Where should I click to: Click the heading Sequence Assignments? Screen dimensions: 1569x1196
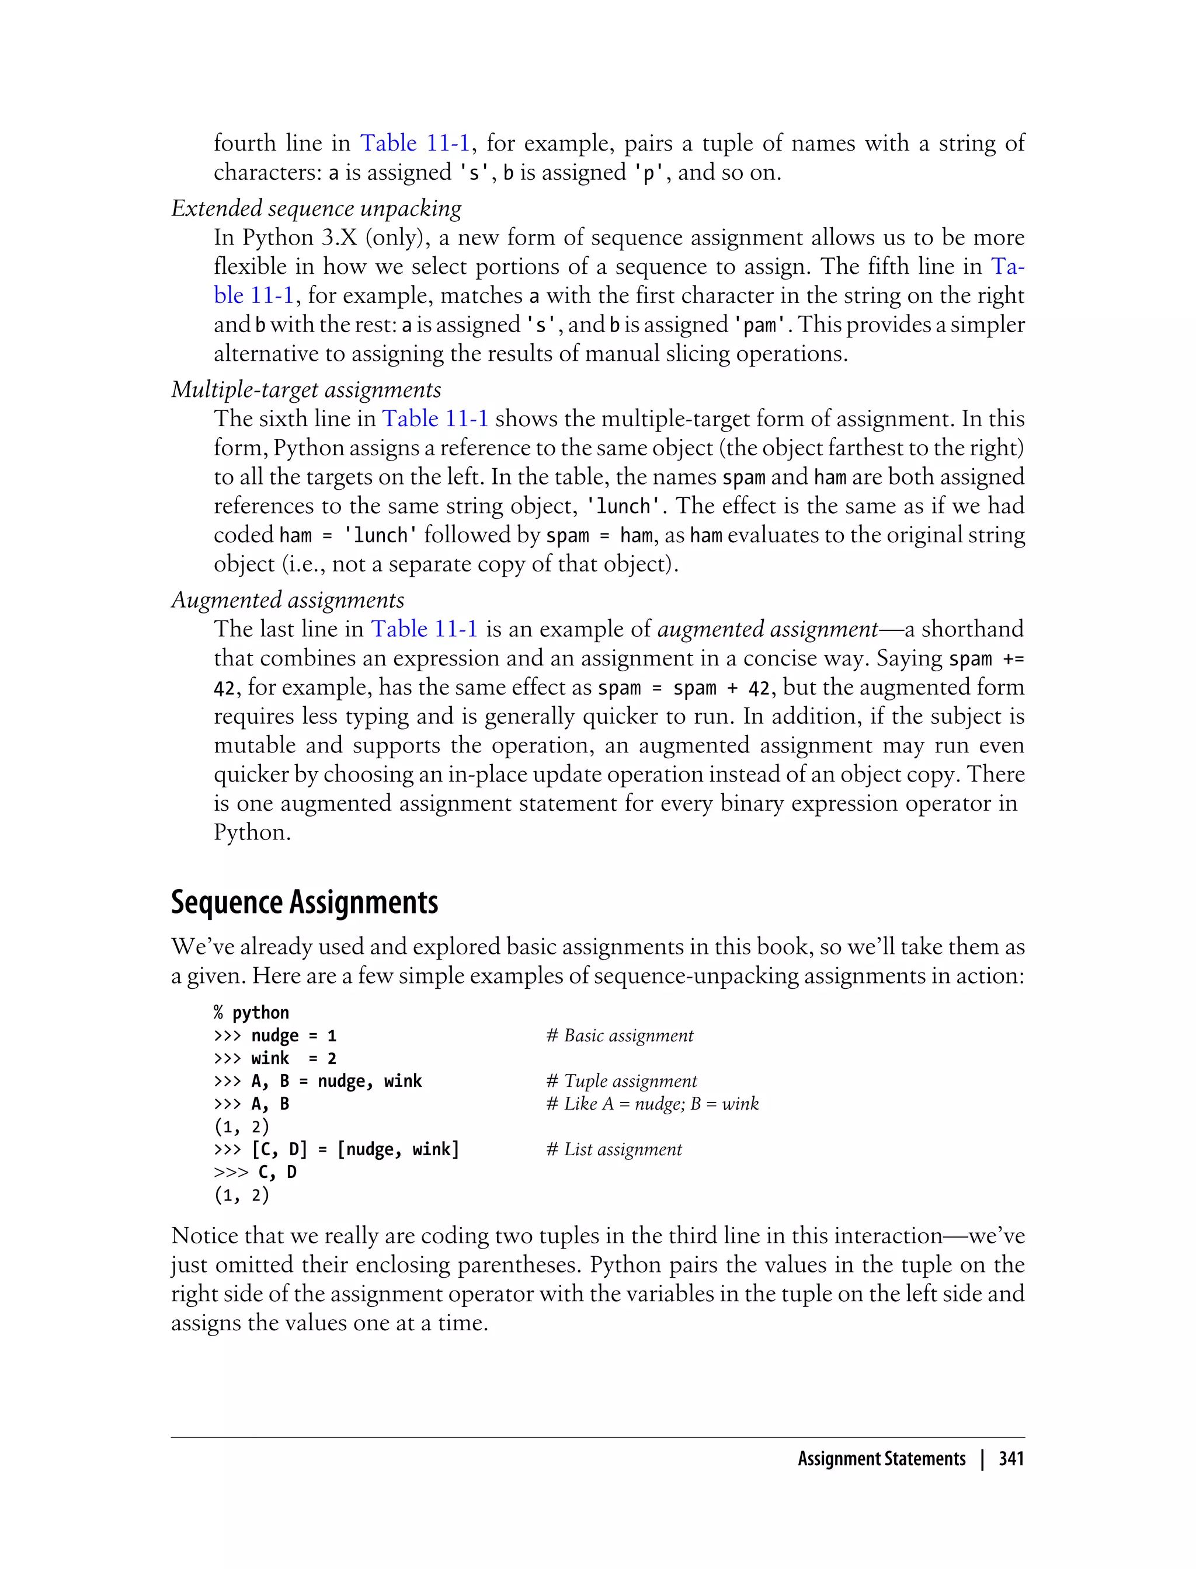coord(304,902)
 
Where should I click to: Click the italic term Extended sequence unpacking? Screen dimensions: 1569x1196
coord(316,208)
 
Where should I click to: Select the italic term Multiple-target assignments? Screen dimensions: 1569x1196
coord(306,390)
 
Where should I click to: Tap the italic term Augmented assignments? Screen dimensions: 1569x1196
coord(287,600)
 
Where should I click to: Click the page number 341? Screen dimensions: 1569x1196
coord(1011,1459)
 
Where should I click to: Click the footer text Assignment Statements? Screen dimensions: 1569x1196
coord(881,1459)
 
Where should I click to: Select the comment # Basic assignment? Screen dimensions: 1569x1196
coord(620,1035)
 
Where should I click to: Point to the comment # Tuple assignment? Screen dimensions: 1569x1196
coord(621,1081)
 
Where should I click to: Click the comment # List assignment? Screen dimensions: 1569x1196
coord(614,1149)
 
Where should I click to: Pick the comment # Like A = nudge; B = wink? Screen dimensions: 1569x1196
coord(652,1104)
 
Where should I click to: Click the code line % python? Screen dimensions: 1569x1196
coord(251,1013)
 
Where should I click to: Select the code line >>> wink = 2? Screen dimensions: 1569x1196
coord(275,1058)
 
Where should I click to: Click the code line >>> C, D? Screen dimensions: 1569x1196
coord(255,1172)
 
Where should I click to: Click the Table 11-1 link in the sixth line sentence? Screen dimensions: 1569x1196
coord(435,419)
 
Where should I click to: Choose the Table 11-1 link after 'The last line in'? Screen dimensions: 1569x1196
coord(425,629)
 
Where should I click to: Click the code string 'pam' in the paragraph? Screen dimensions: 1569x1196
coord(761,325)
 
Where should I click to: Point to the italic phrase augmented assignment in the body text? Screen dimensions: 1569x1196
coord(767,629)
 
